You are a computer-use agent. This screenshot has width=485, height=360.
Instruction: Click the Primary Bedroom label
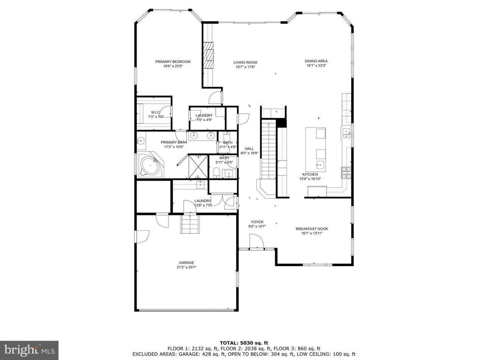pyautogui.click(x=173, y=62)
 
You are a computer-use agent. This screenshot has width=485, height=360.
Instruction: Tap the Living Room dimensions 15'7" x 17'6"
pyautogui.click(x=245, y=67)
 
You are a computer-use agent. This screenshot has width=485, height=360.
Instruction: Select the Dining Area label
pyautogui.click(x=316, y=61)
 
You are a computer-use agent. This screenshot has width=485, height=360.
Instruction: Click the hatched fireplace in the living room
pyautogui.click(x=208, y=55)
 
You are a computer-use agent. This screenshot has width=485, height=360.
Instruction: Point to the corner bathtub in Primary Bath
pyautogui.click(x=151, y=166)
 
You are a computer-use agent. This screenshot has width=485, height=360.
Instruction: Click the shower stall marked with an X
pyautogui.click(x=198, y=167)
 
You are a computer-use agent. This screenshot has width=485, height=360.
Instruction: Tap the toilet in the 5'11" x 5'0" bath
pyautogui.click(x=216, y=173)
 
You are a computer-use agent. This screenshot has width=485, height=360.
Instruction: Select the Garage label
pyautogui.click(x=186, y=262)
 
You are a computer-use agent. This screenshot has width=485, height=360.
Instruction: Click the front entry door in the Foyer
pyautogui.click(x=256, y=242)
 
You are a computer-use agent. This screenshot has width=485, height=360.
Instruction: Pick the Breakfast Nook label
pyautogui.click(x=311, y=229)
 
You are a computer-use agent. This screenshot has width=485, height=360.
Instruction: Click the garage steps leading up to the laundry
pyautogui.click(x=189, y=223)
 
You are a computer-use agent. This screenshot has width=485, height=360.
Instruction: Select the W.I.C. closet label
pyautogui.click(x=155, y=112)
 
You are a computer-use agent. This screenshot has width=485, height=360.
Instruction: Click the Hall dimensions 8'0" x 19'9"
pyautogui.click(x=249, y=153)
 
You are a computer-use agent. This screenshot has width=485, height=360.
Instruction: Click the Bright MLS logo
pyautogui.click(x=29, y=350)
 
